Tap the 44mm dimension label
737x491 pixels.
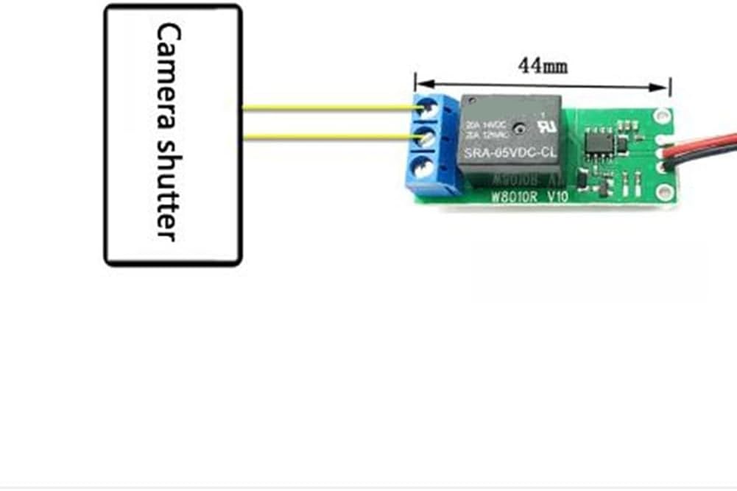coord(543,66)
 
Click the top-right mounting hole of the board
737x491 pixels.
coord(661,116)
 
